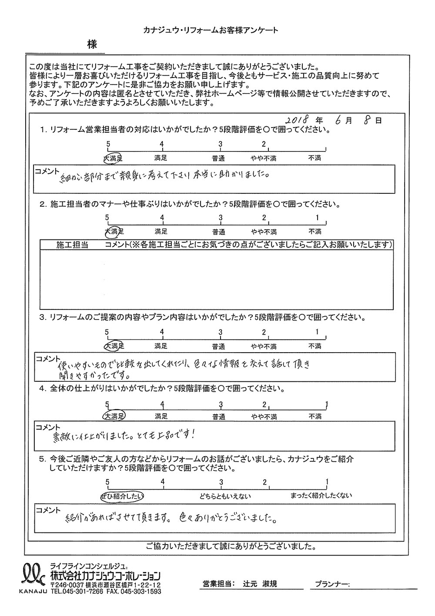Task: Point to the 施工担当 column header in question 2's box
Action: click(x=72, y=245)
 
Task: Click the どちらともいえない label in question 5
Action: click(x=220, y=496)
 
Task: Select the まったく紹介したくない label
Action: click(x=321, y=496)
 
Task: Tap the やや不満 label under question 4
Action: click(x=264, y=417)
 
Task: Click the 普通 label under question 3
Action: click(x=219, y=347)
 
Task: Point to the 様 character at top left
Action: click(x=91, y=44)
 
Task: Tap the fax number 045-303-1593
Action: click(x=141, y=592)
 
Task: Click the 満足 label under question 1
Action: click(x=161, y=158)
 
